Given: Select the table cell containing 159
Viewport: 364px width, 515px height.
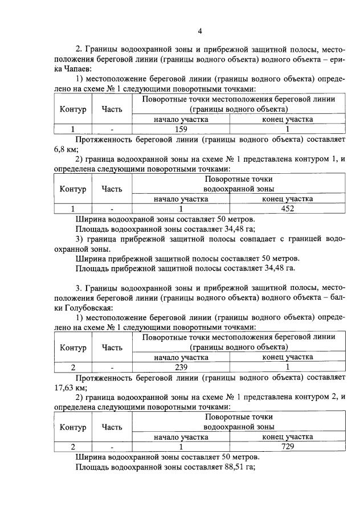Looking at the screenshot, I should click(x=181, y=129).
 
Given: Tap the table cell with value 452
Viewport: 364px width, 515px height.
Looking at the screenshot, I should click(x=287, y=208).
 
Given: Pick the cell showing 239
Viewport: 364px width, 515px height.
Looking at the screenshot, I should click(x=181, y=367).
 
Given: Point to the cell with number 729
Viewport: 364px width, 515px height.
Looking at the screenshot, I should click(x=287, y=447).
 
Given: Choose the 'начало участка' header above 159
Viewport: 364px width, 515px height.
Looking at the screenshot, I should click(x=181, y=119).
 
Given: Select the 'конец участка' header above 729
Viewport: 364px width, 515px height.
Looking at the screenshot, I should click(x=287, y=436).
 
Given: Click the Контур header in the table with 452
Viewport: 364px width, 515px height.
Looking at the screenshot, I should click(x=72, y=189).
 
